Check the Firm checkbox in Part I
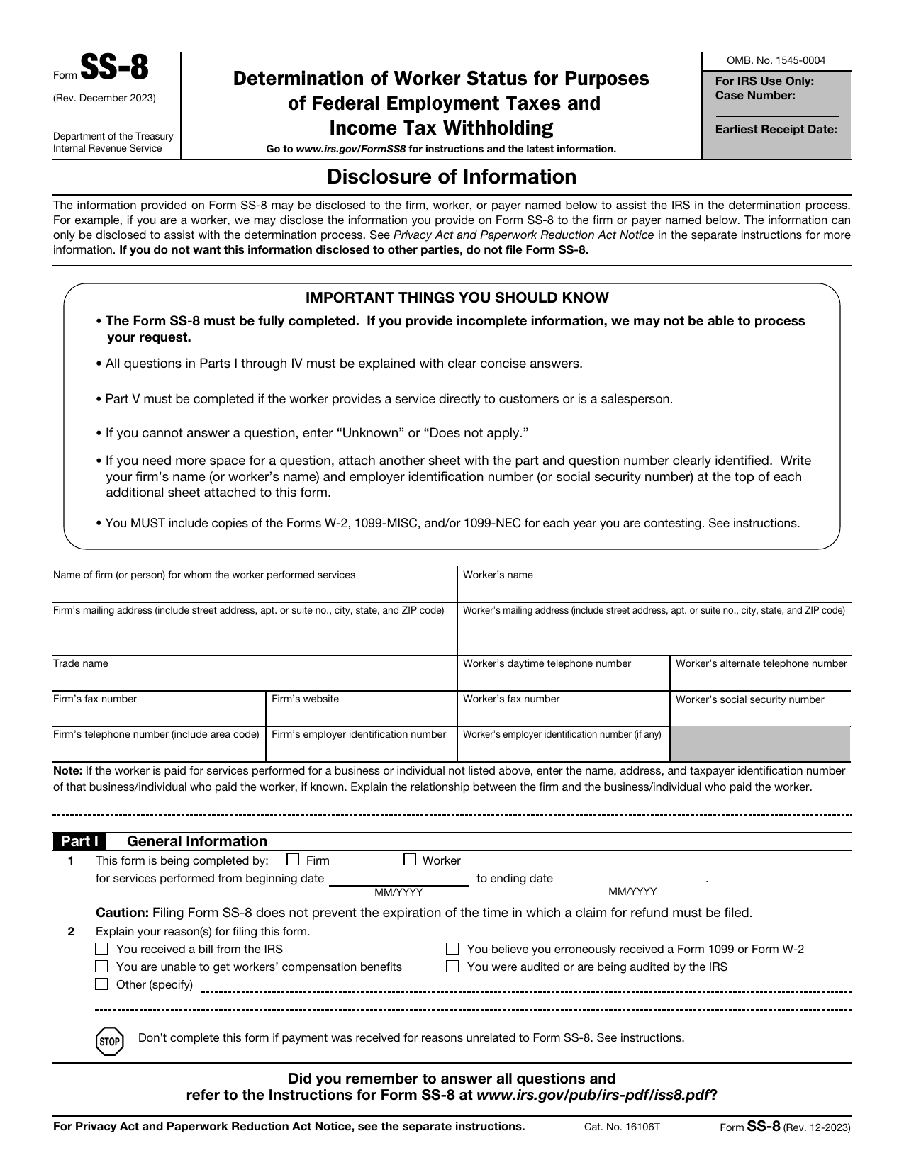click(x=293, y=860)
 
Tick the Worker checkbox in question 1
click(x=410, y=860)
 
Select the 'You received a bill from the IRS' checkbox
click(x=102, y=949)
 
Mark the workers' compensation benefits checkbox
click(x=102, y=967)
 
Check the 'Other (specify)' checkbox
click(x=102, y=984)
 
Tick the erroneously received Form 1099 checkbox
click(x=452, y=949)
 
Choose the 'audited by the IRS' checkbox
click(x=452, y=967)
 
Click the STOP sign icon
click(x=108, y=1041)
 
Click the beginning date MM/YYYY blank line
click(x=398, y=879)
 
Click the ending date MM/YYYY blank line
click(x=632, y=879)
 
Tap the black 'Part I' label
click(x=79, y=841)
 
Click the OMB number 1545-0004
click(x=776, y=61)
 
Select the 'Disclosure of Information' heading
click(x=452, y=176)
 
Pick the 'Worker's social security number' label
click(x=749, y=700)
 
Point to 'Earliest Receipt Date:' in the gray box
click(x=776, y=130)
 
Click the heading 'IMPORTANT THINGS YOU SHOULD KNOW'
click(x=457, y=298)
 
